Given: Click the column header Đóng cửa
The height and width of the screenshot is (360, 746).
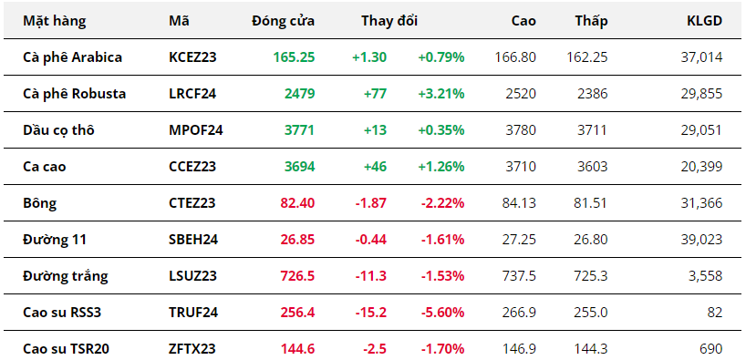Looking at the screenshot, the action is pyautogui.click(x=283, y=21).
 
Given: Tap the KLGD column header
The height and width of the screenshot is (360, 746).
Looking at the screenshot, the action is pyautogui.click(x=705, y=21).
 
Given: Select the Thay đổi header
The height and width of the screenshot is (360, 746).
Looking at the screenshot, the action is pyautogui.click(x=389, y=21).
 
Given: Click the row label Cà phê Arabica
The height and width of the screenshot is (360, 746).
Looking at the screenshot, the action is pyautogui.click(x=72, y=57).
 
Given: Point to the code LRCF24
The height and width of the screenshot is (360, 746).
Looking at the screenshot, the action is pyautogui.click(x=192, y=94).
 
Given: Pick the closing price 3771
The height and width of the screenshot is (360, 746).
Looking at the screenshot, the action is pyautogui.click(x=300, y=130).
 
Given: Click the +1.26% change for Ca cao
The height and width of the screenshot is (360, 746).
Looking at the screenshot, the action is pyautogui.click(x=441, y=167).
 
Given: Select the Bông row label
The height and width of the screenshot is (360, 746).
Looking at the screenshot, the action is pyautogui.click(x=39, y=203).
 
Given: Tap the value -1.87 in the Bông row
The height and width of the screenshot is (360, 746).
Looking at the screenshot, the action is pyautogui.click(x=370, y=203).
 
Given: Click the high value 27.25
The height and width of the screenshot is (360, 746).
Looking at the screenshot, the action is pyautogui.click(x=519, y=240).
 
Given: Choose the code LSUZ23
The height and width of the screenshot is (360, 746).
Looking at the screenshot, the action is pyautogui.click(x=192, y=276).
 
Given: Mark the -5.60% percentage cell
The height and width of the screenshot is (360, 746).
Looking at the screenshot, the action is pyautogui.click(x=442, y=313).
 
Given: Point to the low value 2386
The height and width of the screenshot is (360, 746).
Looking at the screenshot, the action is pyautogui.click(x=592, y=94).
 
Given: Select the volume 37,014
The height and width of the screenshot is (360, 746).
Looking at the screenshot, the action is pyautogui.click(x=701, y=57).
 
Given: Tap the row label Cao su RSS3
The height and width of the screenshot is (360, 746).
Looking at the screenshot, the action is pyautogui.click(x=62, y=313).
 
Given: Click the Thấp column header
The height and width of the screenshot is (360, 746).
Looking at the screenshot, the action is pyautogui.click(x=591, y=21).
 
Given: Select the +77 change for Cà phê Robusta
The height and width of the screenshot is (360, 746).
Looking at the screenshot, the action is pyautogui.click(x=376, y=94).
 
